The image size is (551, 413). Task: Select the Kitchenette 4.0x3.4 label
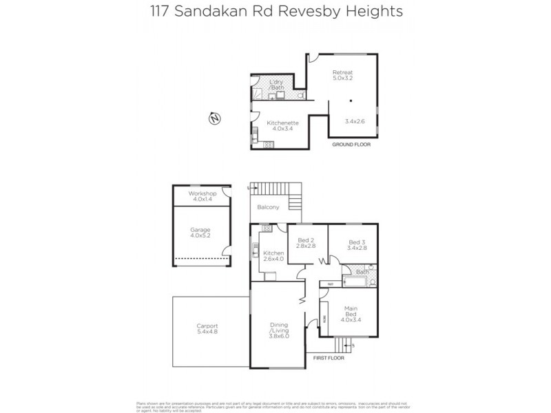(x=282, y=125)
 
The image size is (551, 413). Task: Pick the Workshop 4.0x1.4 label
(x=202, y=197)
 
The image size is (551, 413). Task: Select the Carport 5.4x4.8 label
(x=207, y=329)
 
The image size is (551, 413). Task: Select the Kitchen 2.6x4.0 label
(x=273, y=256)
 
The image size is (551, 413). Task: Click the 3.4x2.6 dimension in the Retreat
(x=355, y=122)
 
